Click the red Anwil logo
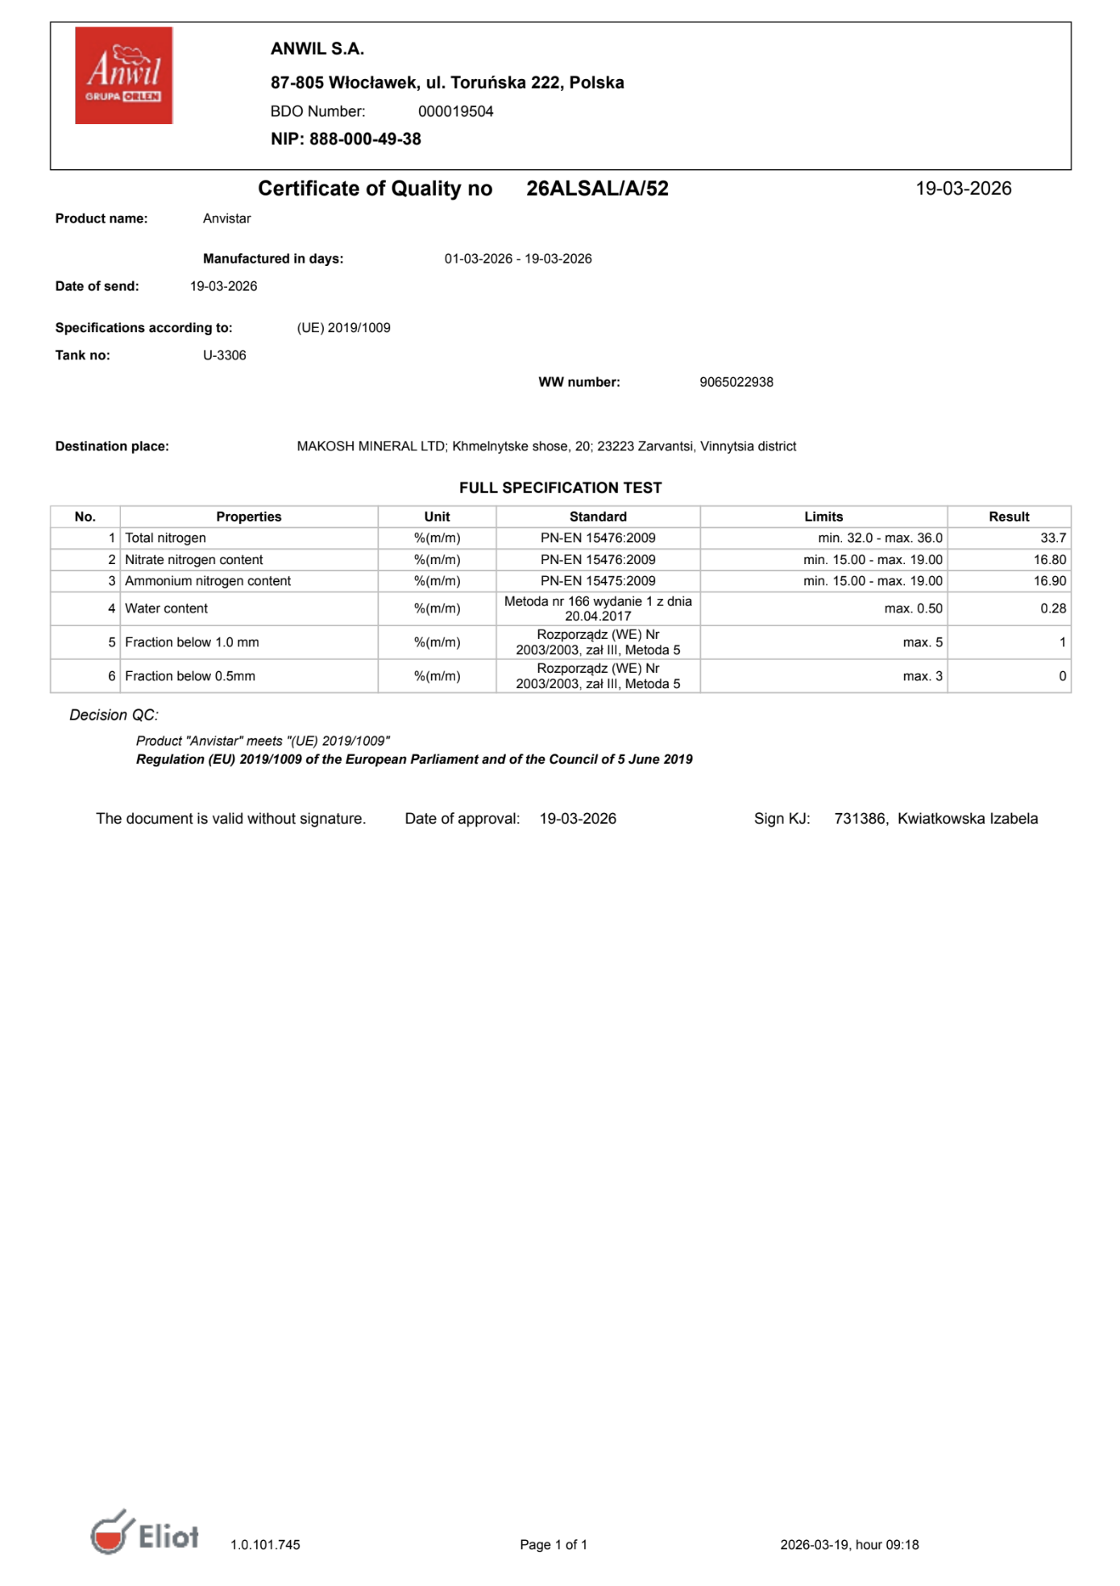pos(123,75)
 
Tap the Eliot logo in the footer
pos(145,1533)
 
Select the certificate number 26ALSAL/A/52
pos(597,189)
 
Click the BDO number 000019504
pos(455,111)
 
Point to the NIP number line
pos(346,139)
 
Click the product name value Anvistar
pos(226,218)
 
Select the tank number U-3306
pos(224,355)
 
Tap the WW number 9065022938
pos(736,382)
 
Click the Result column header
pos(1009,517)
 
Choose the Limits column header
pos(823,517)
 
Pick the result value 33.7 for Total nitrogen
pos(1052,538)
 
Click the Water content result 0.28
pos(1052,608)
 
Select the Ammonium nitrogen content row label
pos(208,581)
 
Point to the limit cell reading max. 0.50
pos(913,608)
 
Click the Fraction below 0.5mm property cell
pos(190,676)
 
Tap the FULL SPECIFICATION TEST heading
pos(560,488)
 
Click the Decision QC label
pos(114,715)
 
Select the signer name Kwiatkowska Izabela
pos(967,819)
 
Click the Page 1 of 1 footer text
pos(554,1544)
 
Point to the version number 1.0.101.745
pos(265,1544)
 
